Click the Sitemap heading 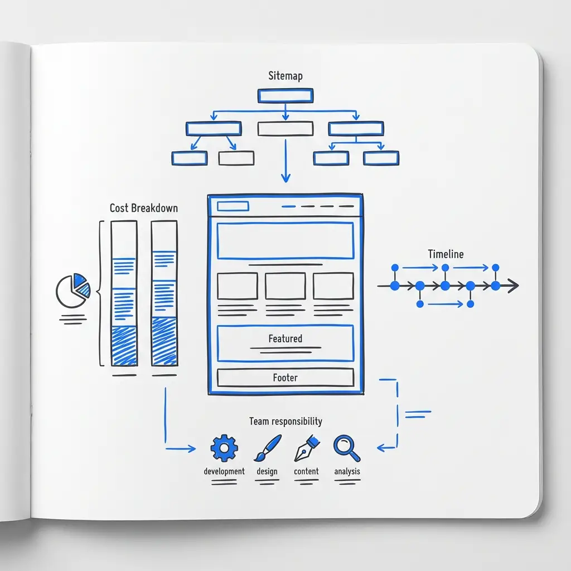tap(285, 76)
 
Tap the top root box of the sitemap tap(285, 96)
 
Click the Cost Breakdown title tap(144, 208)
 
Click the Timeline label tap(446, 254)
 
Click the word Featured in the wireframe tap(285, 338)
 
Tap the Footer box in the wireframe tap(285, 378)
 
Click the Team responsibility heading tap(285, 421)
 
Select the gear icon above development tap(224, 448)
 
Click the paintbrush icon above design tap(267, 448)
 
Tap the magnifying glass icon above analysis tap(346, 448)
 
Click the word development tap(224, 471)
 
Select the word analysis tap(347, 471)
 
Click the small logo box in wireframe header tap(233, 206)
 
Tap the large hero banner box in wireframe tap(285, 241)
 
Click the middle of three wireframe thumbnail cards tap(285, 286)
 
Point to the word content tap(306, 471)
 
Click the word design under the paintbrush tap(267, 471)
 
